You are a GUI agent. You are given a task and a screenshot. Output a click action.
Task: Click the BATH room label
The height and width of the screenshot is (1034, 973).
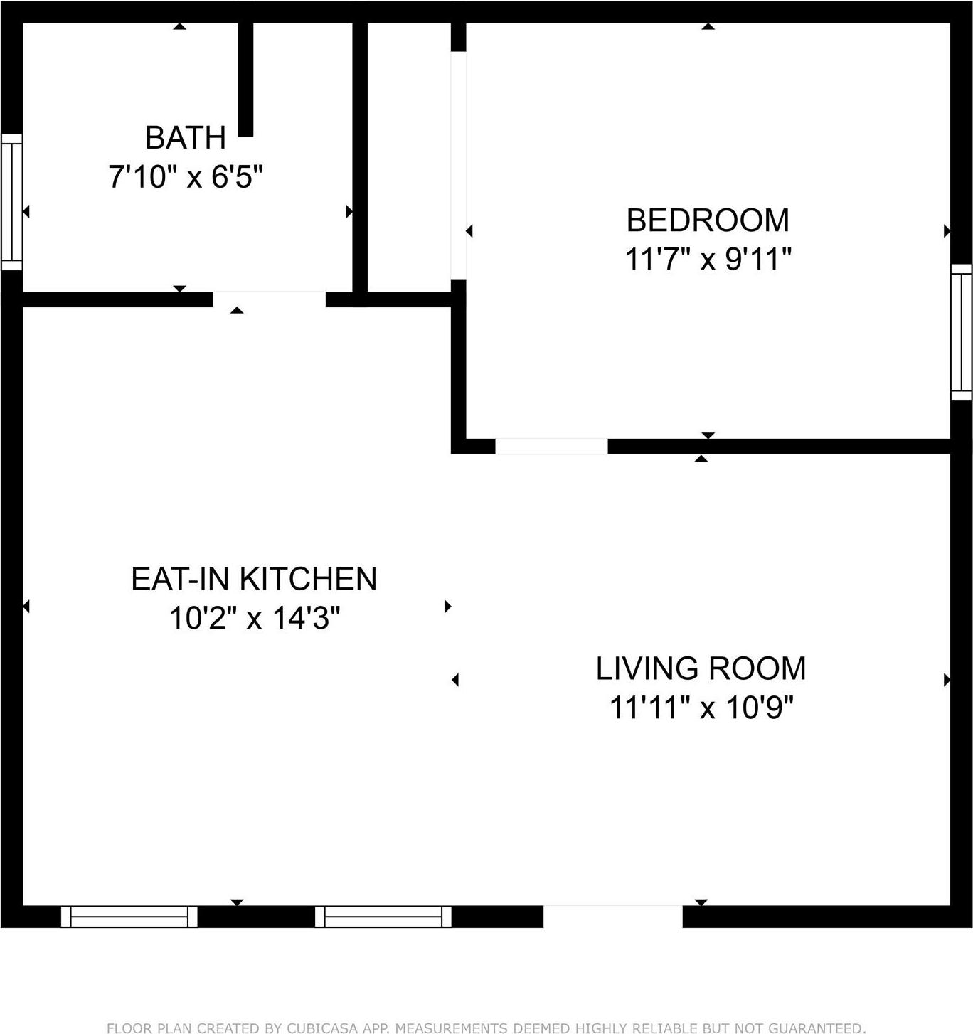(186, 138)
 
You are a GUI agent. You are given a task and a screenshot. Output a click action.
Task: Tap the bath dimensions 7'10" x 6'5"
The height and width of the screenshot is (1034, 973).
(186, 176)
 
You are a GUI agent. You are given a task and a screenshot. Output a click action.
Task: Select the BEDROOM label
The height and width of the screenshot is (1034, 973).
(708, 220)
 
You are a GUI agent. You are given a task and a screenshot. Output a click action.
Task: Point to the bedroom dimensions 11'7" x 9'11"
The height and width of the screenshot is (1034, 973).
(708, 259)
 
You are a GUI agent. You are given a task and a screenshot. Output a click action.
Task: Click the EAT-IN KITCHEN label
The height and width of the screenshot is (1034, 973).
(254, 579)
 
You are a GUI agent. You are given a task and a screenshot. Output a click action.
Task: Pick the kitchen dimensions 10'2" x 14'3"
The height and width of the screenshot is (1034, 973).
(254, 618)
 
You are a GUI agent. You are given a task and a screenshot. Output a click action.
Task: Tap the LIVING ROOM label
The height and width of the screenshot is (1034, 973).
(701, 668)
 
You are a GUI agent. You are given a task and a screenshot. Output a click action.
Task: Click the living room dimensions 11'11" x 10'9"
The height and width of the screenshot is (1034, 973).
(701, 708)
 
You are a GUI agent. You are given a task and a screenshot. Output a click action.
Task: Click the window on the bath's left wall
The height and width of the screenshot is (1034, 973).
(11, 202)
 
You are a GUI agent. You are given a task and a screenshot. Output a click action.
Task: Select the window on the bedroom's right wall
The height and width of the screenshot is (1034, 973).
(961, 332)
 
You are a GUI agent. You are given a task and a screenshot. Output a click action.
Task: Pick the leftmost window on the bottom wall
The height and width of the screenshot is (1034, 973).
(129, 917)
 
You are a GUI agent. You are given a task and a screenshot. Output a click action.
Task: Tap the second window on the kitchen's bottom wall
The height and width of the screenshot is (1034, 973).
(383, 917)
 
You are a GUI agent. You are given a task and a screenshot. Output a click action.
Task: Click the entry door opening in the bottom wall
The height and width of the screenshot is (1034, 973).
(613, 917)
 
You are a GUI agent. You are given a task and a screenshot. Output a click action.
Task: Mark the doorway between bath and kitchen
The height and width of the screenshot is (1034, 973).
(270, 299)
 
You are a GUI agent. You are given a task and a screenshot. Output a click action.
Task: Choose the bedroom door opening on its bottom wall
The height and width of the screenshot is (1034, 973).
(551, 447)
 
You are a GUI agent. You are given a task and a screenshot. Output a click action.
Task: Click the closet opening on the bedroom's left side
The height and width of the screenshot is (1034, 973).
(459, 165)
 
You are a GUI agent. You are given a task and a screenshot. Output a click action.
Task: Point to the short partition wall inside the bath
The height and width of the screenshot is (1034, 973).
(245, 78)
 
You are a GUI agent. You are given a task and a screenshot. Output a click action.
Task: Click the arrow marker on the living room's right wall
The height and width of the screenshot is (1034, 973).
(947, 681)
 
